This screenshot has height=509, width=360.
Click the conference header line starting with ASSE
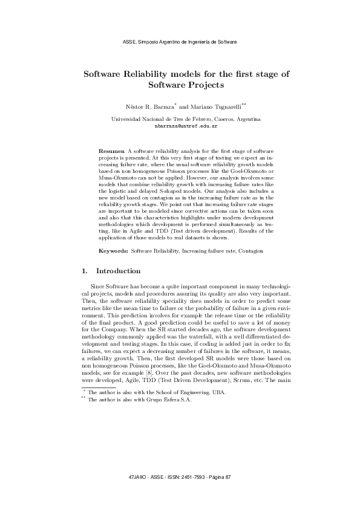[180, 42]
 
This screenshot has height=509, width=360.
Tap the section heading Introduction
[119, 271]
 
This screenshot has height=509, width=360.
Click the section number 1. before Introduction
[85, 271]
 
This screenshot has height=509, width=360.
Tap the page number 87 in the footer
[227, 478]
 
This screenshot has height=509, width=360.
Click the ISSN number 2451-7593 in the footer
[180, 478]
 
